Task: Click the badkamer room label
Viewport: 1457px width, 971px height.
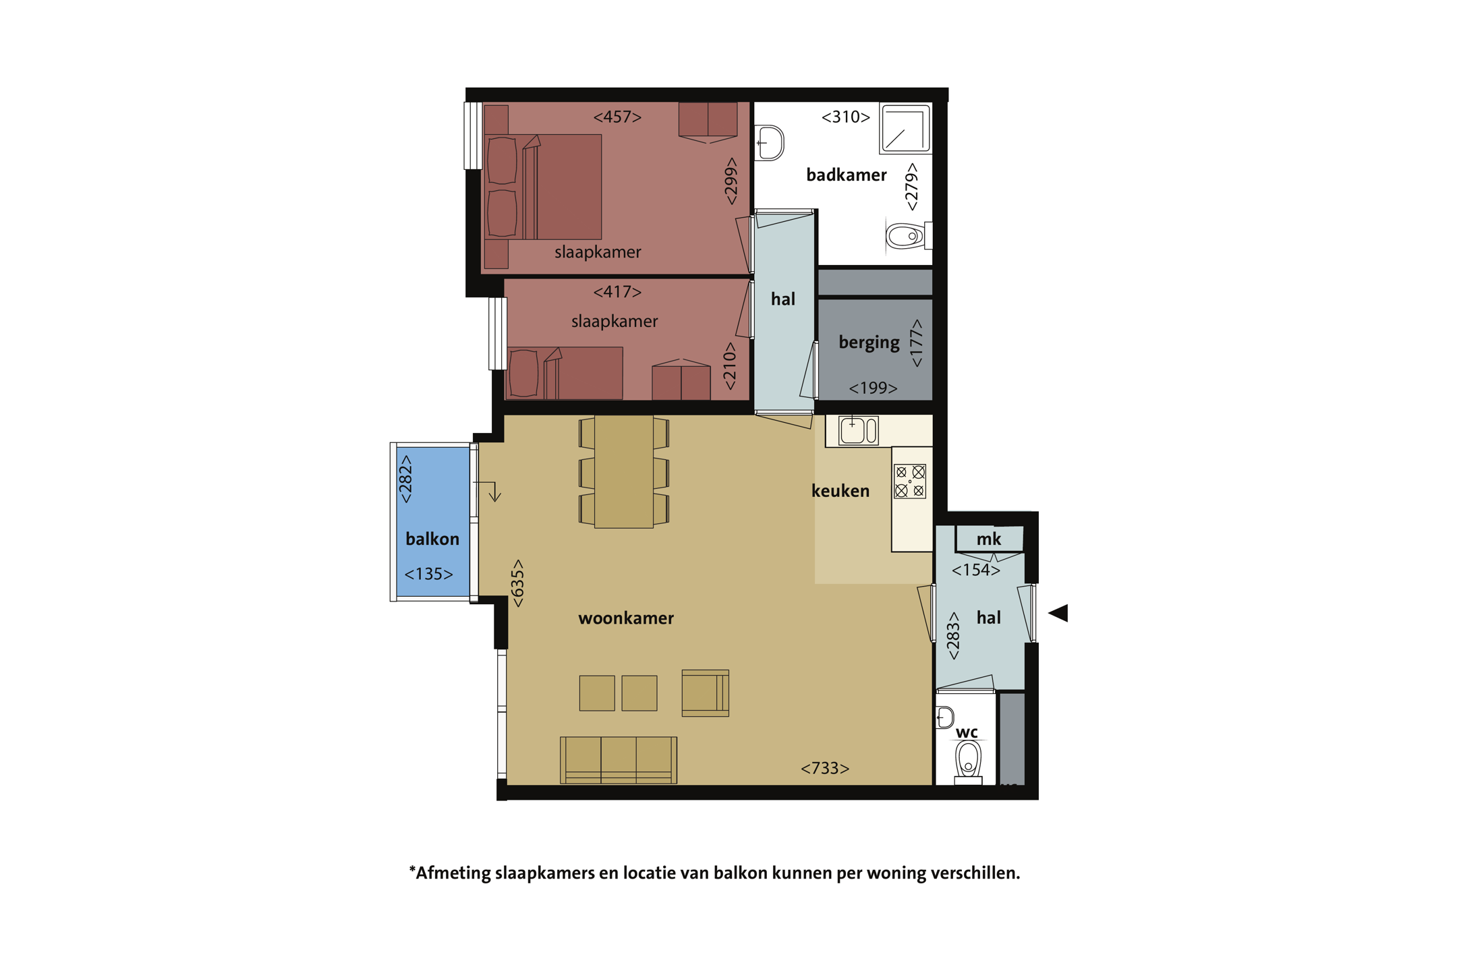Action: click(x=846, y=175)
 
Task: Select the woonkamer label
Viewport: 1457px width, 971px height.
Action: click(x=626, y=618)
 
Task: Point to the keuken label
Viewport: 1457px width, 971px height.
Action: click(x=840, y=491)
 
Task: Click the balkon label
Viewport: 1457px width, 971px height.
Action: click(x=432, y=539)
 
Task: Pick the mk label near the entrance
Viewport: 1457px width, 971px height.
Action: click(x=989, y=539)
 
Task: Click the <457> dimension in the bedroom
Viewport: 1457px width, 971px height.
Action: click(x=617, y=117)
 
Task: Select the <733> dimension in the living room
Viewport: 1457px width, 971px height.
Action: click(x=824, y=768)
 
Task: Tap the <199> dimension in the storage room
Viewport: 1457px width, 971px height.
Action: click(x=873, y=388)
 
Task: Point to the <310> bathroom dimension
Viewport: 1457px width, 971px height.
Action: click(x=845, y=117)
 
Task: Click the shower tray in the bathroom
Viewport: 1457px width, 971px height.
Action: click(x=905, y=128)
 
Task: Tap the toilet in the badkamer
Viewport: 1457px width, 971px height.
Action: click(x=908, y=236)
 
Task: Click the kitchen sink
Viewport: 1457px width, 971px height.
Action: click(x=859, y=430)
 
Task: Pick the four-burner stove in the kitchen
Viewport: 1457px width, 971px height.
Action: click(x=910, y=481)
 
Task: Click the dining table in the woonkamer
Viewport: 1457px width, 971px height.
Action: click(x=624, y=471)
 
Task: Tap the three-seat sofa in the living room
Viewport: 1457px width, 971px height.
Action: click(x=619, y=760)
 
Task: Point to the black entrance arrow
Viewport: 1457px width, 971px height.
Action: click(x=1058, y=613)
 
